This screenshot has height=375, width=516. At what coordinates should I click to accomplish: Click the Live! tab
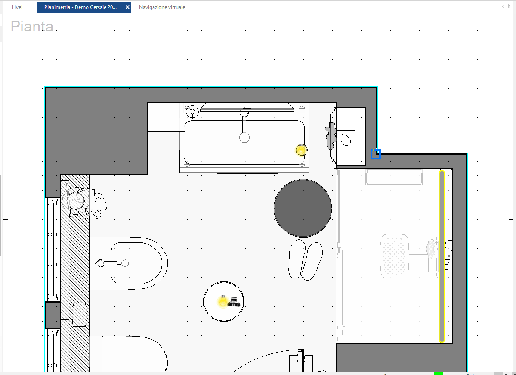pos(17,7)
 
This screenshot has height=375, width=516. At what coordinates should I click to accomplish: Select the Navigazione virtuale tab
pos(162,7)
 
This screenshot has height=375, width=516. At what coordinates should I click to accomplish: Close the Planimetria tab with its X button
pos(127,7)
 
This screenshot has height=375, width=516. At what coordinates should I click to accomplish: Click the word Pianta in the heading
pos(32,27)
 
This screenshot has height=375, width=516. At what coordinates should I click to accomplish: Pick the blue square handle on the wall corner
pos(376,154)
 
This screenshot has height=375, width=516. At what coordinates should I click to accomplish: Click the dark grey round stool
pos(303,208)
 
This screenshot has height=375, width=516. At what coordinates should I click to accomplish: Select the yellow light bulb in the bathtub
pos(301,150)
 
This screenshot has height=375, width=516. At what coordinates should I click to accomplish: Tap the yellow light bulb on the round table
pos(223,301)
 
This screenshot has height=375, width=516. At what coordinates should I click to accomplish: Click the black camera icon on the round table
pos(234,302)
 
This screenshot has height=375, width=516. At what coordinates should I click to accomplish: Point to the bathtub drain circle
pos(244,138)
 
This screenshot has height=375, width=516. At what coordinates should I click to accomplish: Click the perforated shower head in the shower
pos(393,256)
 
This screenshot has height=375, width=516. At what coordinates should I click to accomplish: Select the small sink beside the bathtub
pos(346,139)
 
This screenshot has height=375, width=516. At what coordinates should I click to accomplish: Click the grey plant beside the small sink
pos(331,136)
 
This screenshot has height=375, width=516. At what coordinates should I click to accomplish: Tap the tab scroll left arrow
pos(503,6)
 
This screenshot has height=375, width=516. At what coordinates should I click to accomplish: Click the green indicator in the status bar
pos(439,373)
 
